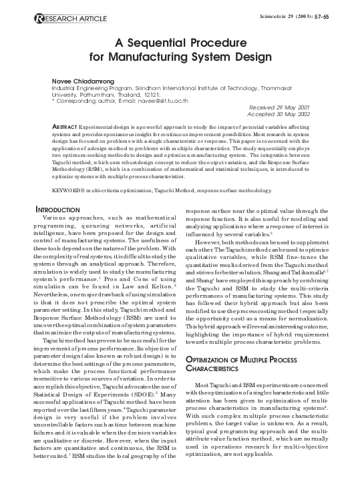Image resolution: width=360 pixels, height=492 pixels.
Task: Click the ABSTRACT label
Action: (65, 126)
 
